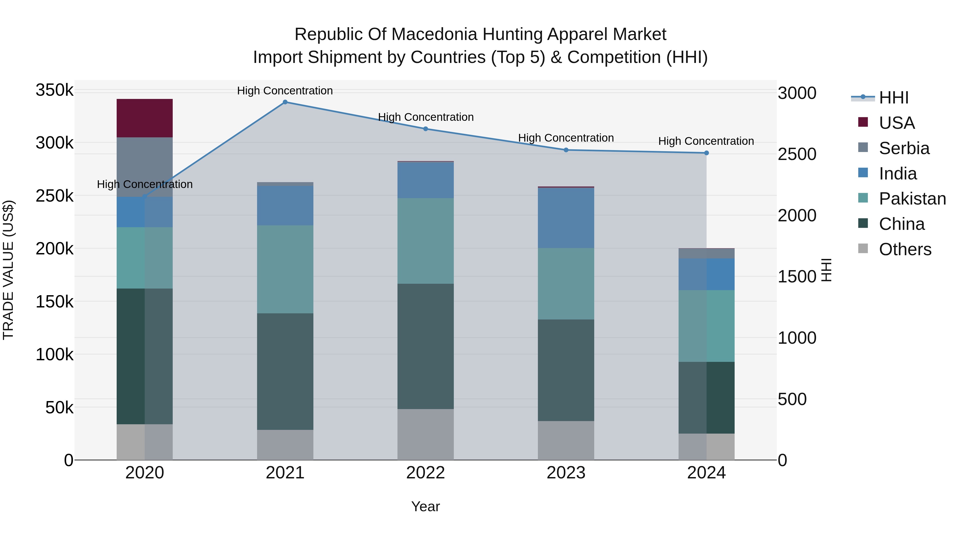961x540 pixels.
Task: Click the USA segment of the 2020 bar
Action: [x=144, y=118]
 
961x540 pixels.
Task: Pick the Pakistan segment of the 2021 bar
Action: [x=285, y=269]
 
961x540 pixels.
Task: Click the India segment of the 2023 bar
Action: [x=566, y=218]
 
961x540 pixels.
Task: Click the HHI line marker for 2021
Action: [x=285, y=102]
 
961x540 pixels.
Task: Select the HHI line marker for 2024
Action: [x=706, y=153]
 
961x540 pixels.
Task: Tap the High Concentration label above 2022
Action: [x=426, y=117]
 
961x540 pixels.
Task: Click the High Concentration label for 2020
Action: [x=145, y=185]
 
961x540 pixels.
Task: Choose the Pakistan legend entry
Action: [x=912, y=199]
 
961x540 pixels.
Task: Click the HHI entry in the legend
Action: [x=893, y=98]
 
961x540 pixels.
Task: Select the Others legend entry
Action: [x=905, y=249]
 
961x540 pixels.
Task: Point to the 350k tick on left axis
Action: [x=54, y=90]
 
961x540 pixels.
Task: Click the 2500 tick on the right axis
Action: [x=797, y=154]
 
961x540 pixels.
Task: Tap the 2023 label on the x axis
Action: [x=566, y=473]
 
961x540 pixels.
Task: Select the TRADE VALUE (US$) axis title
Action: [x=8, y=270]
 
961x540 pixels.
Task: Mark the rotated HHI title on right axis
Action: [x=827, y=270]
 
